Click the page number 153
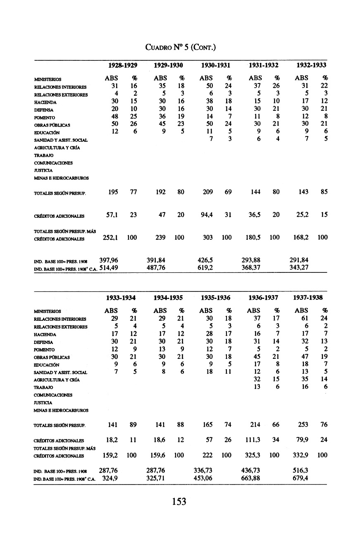(x=179, y=501)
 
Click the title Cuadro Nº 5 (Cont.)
(x=179, y=48)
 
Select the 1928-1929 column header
(x=123, y=65)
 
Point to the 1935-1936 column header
(x=215, y=298)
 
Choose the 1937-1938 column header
(x=308, y=298)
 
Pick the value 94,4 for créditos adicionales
(x=206, y=215)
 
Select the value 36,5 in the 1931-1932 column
(x=253, y=215)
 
